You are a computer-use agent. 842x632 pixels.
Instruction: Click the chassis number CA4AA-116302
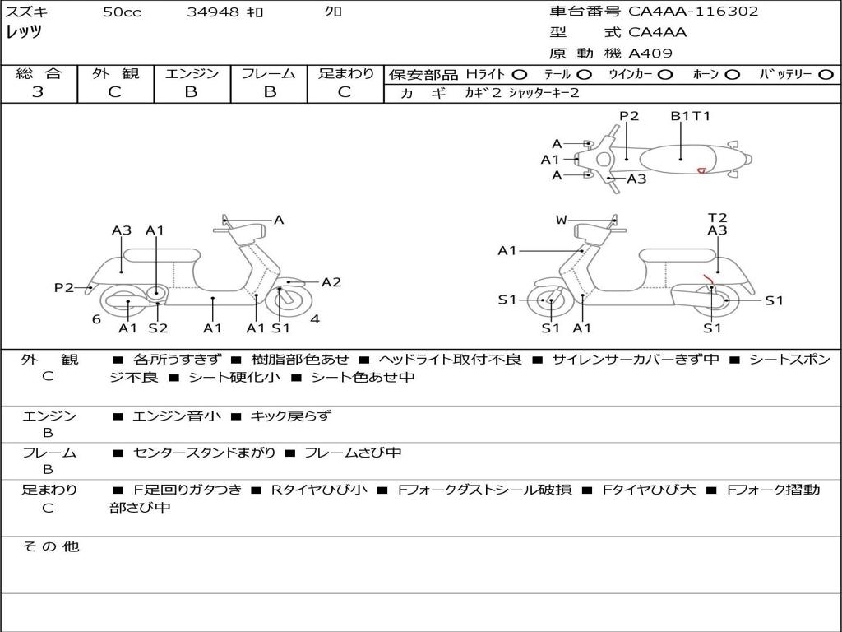(x=692, y=12)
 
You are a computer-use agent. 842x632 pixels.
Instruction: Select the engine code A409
(x=650, y=53)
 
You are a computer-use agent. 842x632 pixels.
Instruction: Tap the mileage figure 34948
(x=213, y=12)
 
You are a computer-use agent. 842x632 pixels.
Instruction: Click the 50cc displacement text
(x=122, y=12)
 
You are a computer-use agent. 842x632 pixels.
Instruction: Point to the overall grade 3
(x=38, y=92)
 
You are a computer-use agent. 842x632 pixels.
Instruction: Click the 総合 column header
(x=38, y=74)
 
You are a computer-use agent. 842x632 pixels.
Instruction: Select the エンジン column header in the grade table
(x=192, y=74)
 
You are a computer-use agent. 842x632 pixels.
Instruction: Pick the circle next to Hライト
(x=519, y=74)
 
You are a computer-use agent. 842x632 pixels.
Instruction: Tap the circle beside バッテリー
(x=826, y=74)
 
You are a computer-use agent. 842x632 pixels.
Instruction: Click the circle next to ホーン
(x=732, y=74)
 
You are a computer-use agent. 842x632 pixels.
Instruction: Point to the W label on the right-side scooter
(x=561, y=220)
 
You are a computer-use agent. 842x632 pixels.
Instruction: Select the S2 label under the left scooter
(x=157, y=328)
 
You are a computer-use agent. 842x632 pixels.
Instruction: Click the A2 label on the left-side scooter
(x=331, y=282)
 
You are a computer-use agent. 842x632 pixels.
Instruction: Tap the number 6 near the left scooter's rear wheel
(x=96, y=318)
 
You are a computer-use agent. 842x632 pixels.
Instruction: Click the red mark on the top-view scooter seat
(x=701, y=170)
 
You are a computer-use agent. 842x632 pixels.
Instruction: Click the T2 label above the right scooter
(x=717, y=218)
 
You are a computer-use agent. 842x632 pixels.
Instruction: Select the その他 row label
(x=50, y=546)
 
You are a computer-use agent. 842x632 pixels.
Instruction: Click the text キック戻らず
(x=290, y=416)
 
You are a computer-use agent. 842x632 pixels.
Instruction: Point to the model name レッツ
(x=24, y=32)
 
